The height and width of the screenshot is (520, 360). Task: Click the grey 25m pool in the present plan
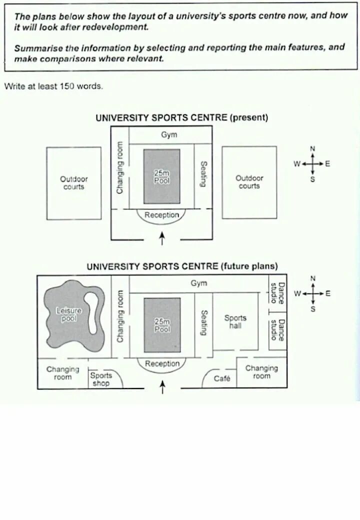point(161,176)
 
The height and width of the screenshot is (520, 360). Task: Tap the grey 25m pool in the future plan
point(161,325)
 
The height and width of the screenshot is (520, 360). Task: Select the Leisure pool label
point(68,314)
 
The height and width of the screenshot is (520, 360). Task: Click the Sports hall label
point(235,321)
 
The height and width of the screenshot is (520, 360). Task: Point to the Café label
point(222,378)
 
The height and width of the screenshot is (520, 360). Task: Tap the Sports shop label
point(101,379)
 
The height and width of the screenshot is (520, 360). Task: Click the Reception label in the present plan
point(161,215)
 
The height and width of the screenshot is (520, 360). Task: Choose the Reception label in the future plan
point(161,363)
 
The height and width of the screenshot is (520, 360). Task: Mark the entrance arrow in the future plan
point(161,387)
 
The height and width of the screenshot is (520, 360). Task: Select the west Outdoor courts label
point(73,182)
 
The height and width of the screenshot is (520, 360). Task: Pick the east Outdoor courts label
point(249,181)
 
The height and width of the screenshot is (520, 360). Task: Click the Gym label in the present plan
point(169,134)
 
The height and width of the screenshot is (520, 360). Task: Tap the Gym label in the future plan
point(198,283)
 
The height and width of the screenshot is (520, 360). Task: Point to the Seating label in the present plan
point(203,173)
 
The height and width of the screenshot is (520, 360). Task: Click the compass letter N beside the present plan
point(313,148)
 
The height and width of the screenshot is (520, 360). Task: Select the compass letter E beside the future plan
point(328,293)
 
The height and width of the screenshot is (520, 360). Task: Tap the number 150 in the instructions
point(67,86)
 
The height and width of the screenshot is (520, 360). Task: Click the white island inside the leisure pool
point(91,312)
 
